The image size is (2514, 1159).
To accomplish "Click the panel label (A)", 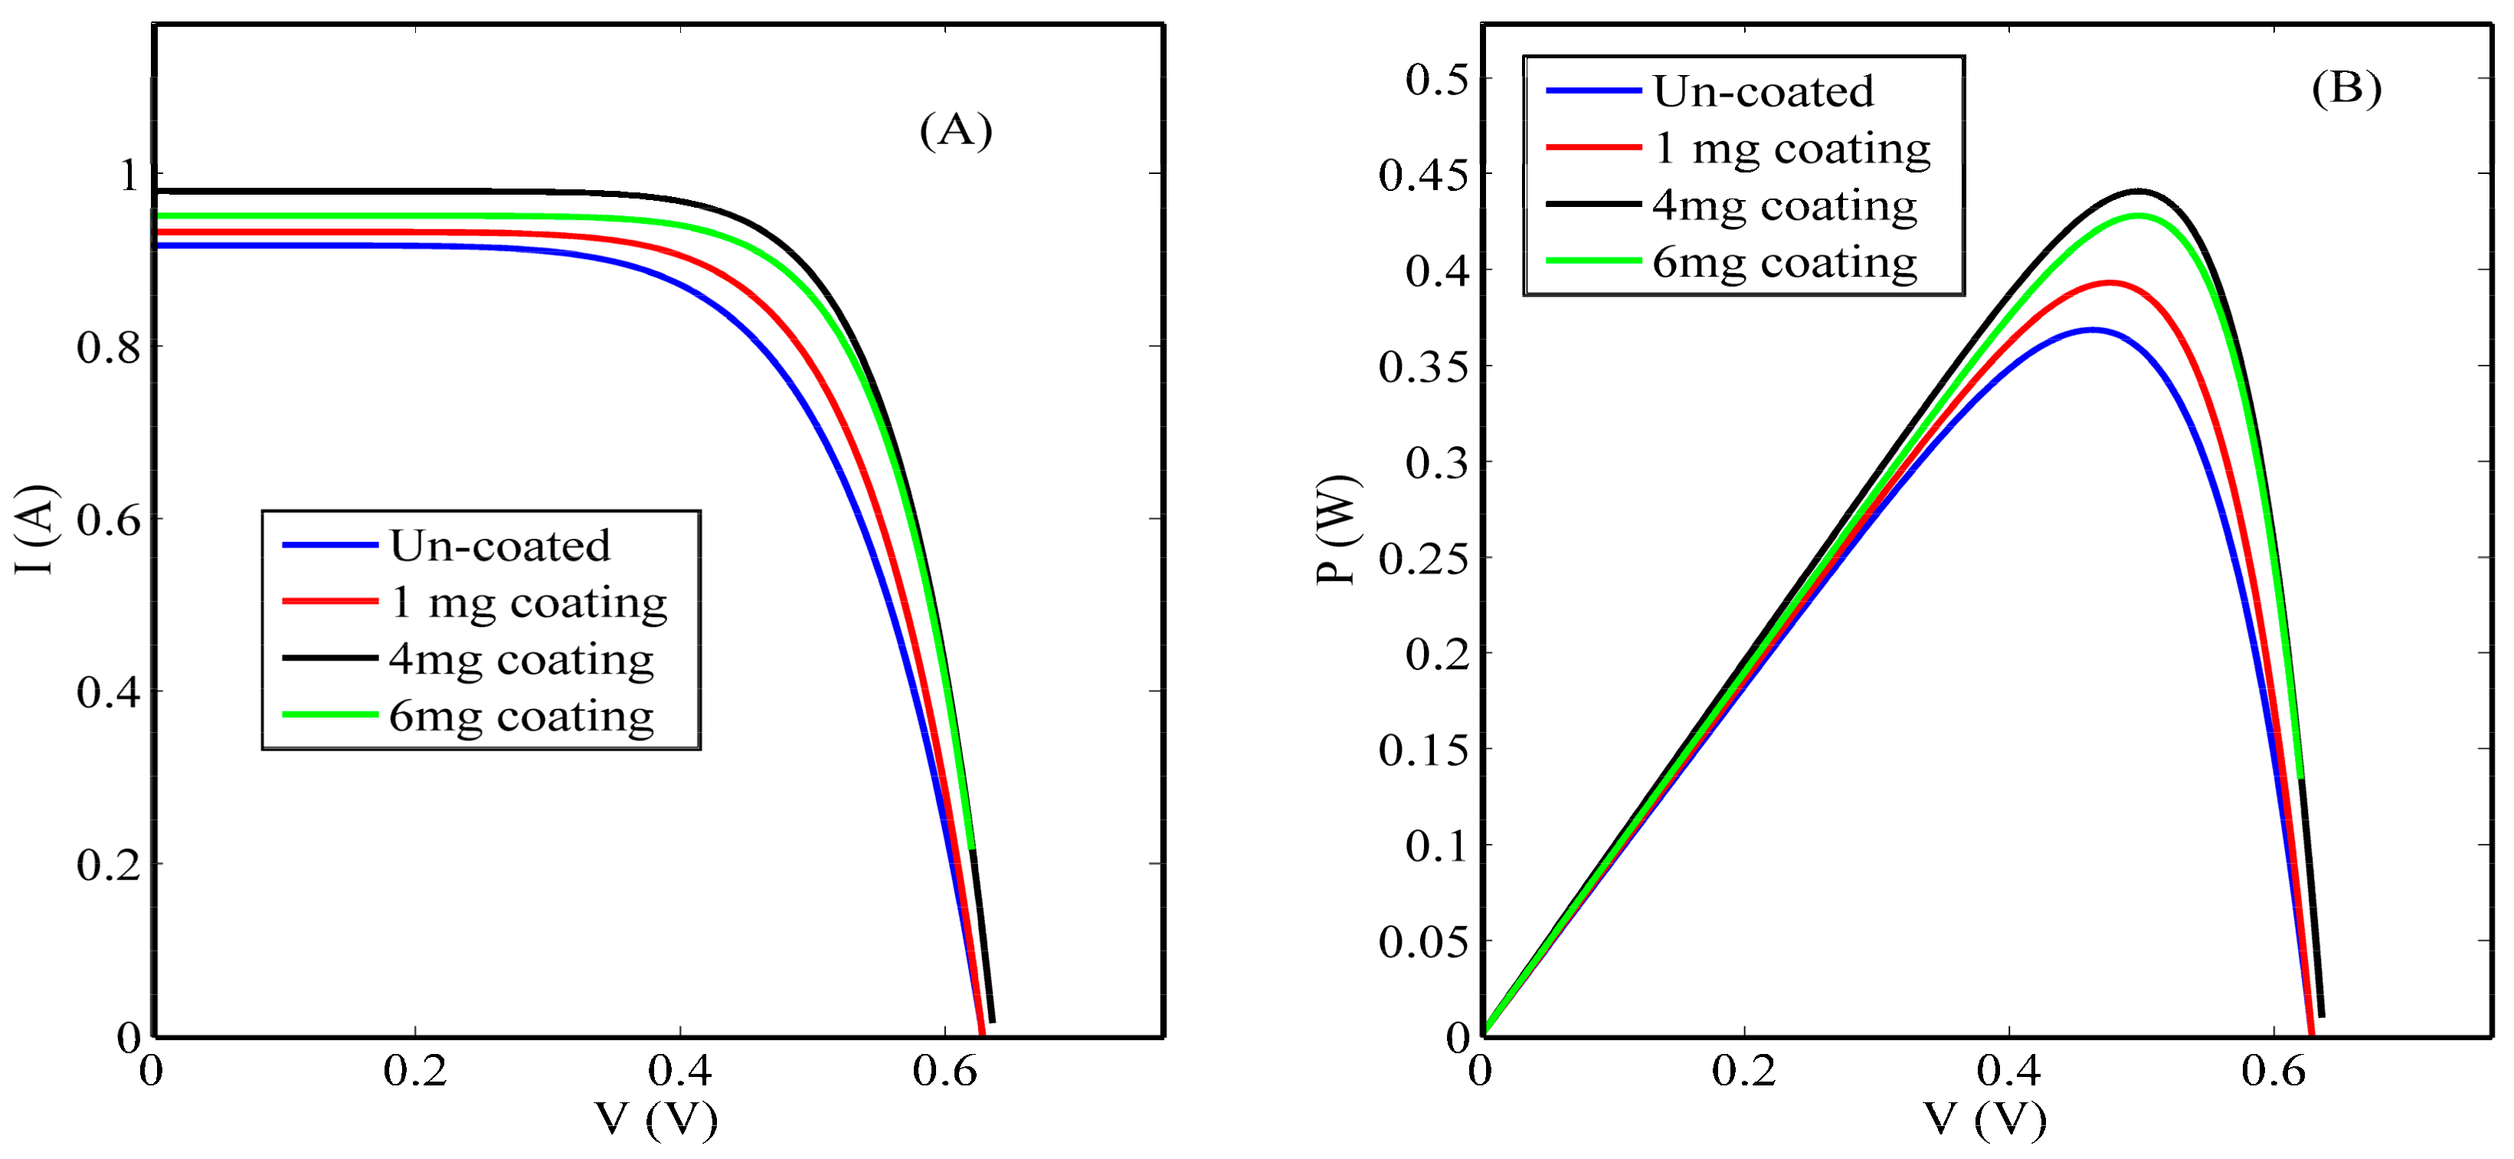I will tap(955, 130).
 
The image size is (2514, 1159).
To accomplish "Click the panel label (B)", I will tap(2346, 88).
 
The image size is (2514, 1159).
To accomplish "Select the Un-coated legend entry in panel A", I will tap(499, 545).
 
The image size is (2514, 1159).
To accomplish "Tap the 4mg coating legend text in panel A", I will tap(521, 659).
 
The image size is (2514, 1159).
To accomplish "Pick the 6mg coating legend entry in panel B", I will tap(1784, 261).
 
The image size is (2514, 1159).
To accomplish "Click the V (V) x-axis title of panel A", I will tap(656, 1118).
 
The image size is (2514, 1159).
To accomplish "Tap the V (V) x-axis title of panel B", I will tap(1985, 1118).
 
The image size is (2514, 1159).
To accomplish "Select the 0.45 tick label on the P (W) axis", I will tap(1423, 176).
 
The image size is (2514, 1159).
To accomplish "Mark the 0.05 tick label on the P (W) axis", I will tap(1423, 942).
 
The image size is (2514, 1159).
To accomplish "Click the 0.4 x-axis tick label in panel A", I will tap(679, 1071).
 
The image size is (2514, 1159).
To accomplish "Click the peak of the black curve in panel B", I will tap(2139, 192).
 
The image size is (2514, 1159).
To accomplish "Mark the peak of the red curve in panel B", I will tap(2110, 283).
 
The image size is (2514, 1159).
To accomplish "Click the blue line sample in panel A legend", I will tap(330, 545).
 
